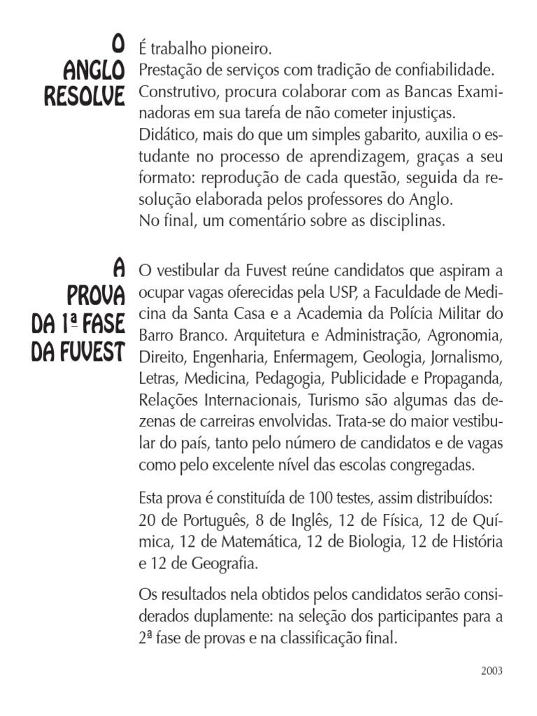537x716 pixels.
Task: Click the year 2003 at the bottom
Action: [x=492, y=671]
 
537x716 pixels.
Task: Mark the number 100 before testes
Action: [x=318, y=499]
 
